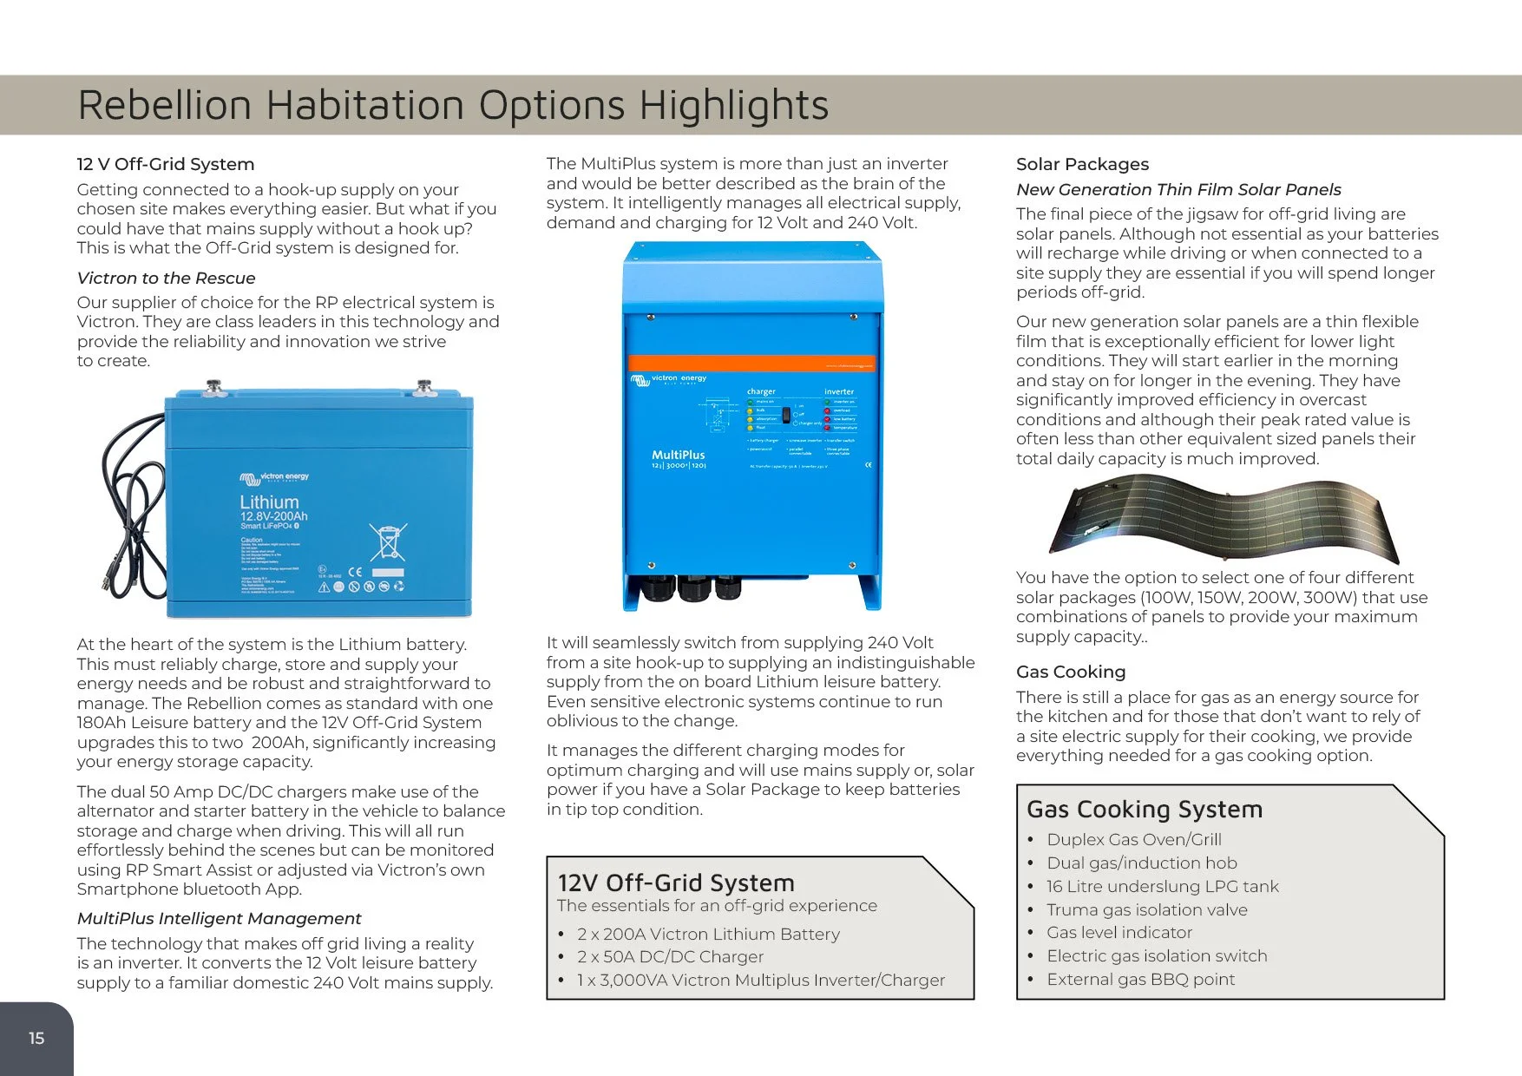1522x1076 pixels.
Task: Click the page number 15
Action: (36, 1038)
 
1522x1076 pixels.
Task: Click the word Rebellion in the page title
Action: (164, 106)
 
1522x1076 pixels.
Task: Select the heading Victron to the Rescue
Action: (166, 278)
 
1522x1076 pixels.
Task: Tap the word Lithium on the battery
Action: (269, 502)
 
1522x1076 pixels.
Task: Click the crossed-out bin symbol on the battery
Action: (387, 542)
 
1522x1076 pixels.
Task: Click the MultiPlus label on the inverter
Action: (678, 455)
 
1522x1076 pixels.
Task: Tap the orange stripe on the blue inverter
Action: (751, 364)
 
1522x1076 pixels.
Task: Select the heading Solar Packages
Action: (1082, 164)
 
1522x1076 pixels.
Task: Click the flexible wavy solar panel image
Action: (1224, 519)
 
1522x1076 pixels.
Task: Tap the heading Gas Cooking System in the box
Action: (1144, 809)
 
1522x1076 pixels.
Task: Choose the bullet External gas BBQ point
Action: (1140, 979)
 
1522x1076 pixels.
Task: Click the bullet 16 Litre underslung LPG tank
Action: (1162, 886)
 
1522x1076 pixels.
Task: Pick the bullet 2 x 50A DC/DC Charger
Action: (670, 956)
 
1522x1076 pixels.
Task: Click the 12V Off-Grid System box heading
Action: (675, 882)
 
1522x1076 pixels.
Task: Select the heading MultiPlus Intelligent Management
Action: (219, 918)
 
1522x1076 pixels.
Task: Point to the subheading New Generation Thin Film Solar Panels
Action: (1178, 189)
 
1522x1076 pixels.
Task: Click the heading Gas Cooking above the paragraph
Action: (1070, 672)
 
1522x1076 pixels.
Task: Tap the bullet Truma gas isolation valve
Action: (1146, 909)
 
